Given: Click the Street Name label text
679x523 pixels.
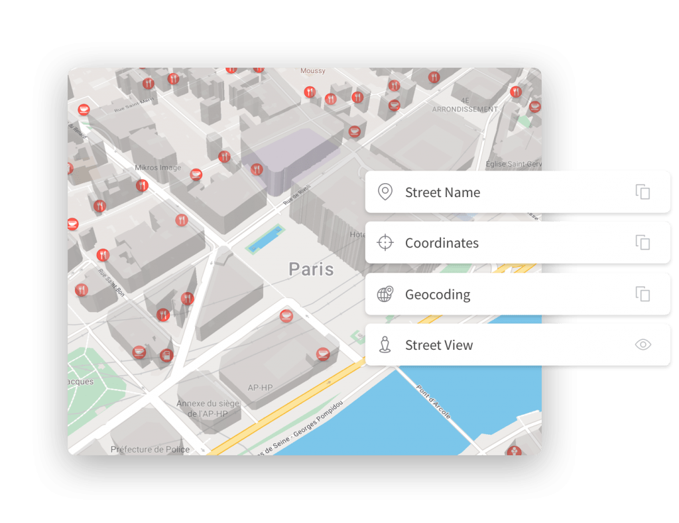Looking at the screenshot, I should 442,192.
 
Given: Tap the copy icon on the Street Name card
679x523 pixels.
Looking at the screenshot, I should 643,192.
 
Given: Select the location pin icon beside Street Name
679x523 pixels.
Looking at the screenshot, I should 385,192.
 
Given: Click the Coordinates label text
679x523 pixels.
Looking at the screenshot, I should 442,243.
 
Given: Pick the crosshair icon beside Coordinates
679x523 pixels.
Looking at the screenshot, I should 385,243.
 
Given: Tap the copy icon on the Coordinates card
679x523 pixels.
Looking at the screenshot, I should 643,243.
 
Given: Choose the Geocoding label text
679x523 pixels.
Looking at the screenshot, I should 438,294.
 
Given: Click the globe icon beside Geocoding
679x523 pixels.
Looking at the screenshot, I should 385,294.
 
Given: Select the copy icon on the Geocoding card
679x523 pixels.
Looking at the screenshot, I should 643,294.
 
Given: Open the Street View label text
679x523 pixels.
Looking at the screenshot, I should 439,345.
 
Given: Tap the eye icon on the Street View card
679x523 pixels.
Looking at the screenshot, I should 643,344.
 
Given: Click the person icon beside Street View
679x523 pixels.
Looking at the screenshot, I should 385,345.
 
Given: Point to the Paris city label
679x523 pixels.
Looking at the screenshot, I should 311,269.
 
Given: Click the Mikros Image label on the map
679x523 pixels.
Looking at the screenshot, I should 158,168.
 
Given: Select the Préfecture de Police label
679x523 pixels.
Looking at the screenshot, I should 151,449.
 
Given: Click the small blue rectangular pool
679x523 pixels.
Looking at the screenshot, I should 265,238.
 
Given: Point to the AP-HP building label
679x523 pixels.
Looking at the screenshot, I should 260,387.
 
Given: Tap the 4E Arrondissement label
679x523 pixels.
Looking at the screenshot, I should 464,105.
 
